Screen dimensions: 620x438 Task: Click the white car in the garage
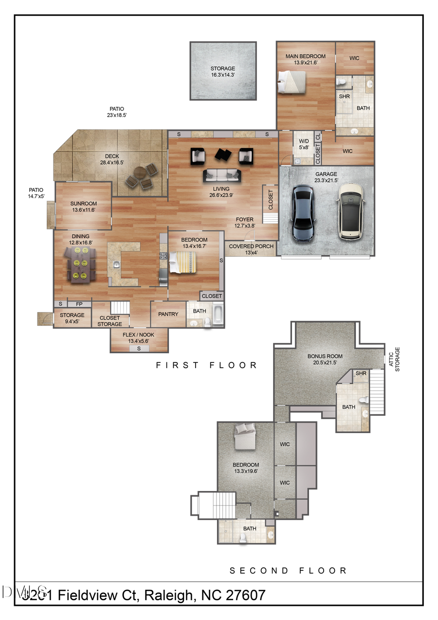coord(352,211)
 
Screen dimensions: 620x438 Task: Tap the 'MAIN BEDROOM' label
coord(305,56)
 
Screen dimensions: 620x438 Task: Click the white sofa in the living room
coord(221,175)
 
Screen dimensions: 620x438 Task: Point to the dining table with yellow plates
coord(80,264)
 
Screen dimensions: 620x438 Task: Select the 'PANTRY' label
coord(168,314)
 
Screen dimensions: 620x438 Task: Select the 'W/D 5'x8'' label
coord(304,144)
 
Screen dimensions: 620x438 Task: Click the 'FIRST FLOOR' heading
coord(206,365)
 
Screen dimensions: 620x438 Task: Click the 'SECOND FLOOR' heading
coord(288,570)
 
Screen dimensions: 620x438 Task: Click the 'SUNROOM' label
coord(83,204)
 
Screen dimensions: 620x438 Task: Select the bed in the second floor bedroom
coord(245,436)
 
